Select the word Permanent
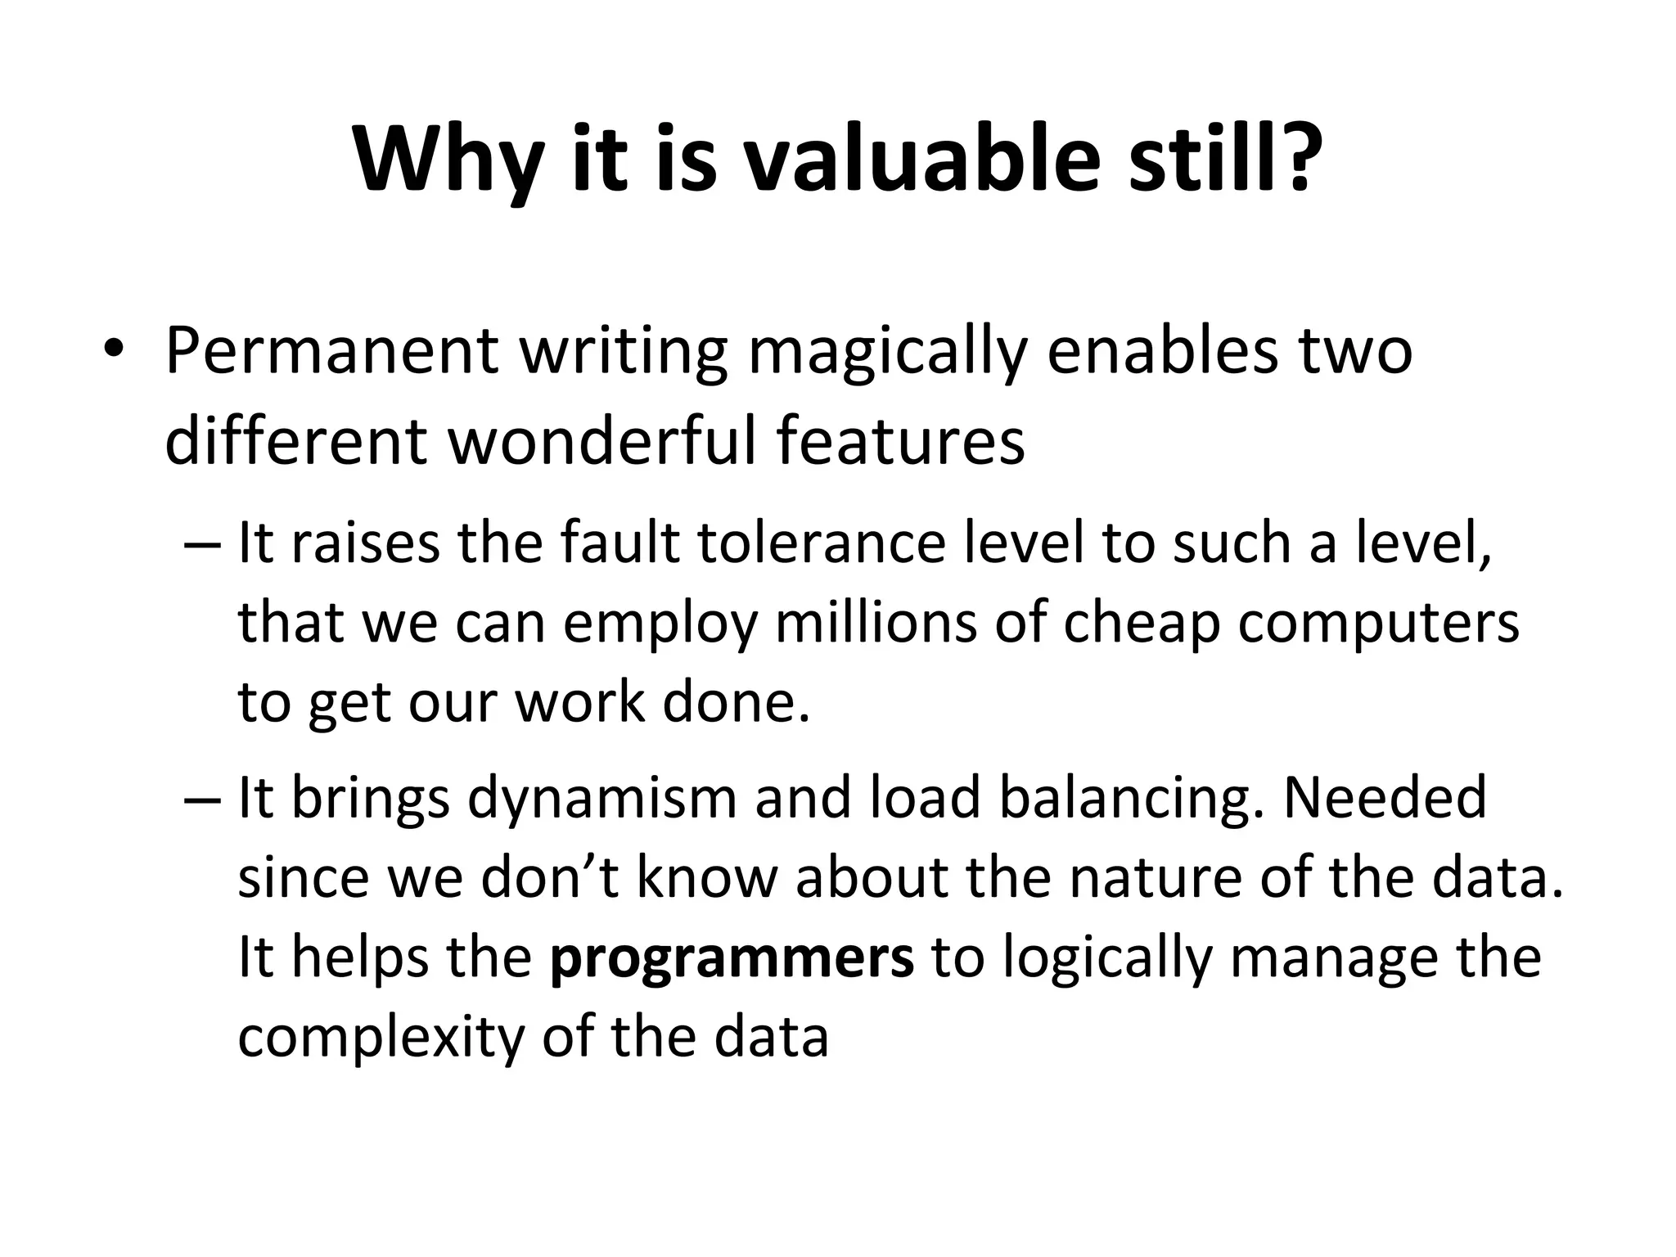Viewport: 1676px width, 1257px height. click(331, 350)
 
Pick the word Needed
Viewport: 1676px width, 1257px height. click(1385, 798)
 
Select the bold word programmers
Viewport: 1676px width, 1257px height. click(732, 957)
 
